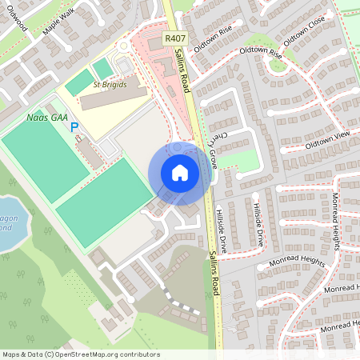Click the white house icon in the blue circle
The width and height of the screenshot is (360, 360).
pos(179,173)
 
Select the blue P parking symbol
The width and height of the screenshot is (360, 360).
pos(74,127)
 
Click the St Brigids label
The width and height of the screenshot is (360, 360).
pos(109,84)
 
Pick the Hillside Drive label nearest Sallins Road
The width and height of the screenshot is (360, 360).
pos(221,231)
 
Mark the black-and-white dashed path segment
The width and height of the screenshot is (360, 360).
pos(180,309)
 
